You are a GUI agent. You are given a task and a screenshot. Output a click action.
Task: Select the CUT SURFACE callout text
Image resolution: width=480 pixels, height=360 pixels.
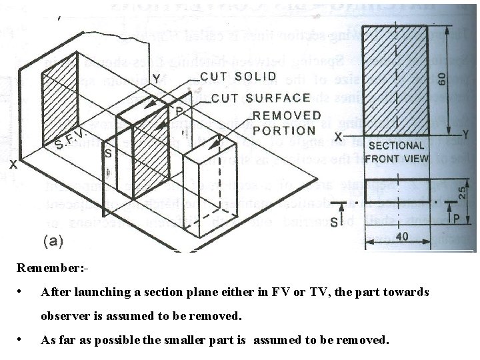pos(261,99)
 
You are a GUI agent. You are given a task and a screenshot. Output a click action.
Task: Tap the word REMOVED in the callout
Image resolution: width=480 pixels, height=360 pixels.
pos(287,115)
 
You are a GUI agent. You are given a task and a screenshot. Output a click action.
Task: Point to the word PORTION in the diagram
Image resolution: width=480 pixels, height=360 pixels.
pos(284,131)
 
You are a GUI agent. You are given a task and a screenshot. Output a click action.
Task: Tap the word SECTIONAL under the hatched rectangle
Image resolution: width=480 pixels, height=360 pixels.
pos(396,145)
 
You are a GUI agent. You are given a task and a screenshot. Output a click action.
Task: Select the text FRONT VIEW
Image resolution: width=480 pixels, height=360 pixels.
pos(397,159)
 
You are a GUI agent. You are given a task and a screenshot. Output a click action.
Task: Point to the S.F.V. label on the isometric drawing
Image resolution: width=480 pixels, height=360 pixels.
pos(70,139)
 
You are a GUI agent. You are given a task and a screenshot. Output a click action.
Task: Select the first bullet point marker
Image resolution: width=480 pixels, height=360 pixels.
pos(23,292)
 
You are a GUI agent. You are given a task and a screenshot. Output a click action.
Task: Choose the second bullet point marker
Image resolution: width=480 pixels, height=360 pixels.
pos(23,339)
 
